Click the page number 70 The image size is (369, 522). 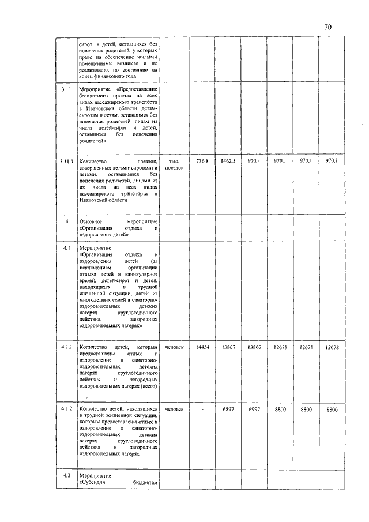coord(327,27)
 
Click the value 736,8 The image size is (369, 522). coord(202,161)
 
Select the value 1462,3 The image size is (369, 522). coord(228,161)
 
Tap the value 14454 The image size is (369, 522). coord(202,347)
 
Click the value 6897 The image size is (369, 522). coord(228,409)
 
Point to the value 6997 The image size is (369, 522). coord(255,409)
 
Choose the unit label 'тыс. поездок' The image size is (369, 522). coord(174,164)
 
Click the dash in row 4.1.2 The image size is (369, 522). coord(202,409)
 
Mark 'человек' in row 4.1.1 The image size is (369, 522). coord(174,347)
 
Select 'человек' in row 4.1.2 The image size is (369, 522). coord(174,409)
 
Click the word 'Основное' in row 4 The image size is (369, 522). coord(91,221)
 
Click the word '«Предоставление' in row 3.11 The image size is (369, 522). coord(137,90)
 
